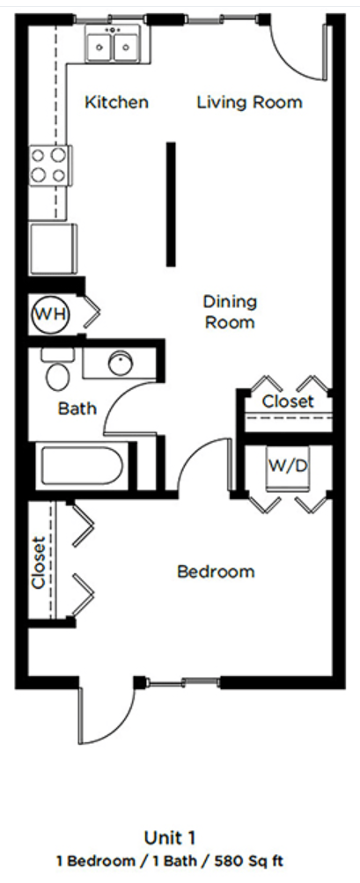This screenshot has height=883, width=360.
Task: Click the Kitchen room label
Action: (116, 103)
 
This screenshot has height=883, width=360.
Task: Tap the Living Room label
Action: (249, 103)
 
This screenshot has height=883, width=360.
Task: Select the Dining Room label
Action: (230, 312)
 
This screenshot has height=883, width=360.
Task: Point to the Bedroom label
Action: (216, 572)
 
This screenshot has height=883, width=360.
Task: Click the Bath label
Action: (77, 408)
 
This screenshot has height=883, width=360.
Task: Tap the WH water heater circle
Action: (49, 313)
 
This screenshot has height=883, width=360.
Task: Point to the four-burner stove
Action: (49, 165)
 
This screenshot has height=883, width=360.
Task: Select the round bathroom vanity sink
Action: (119, 363)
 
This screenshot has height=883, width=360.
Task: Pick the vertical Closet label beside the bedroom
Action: (39, 563)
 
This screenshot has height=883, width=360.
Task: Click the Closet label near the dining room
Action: (288, 402)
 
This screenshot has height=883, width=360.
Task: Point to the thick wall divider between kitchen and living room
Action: (171, 203)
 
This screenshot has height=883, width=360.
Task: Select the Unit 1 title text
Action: (180, 836)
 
